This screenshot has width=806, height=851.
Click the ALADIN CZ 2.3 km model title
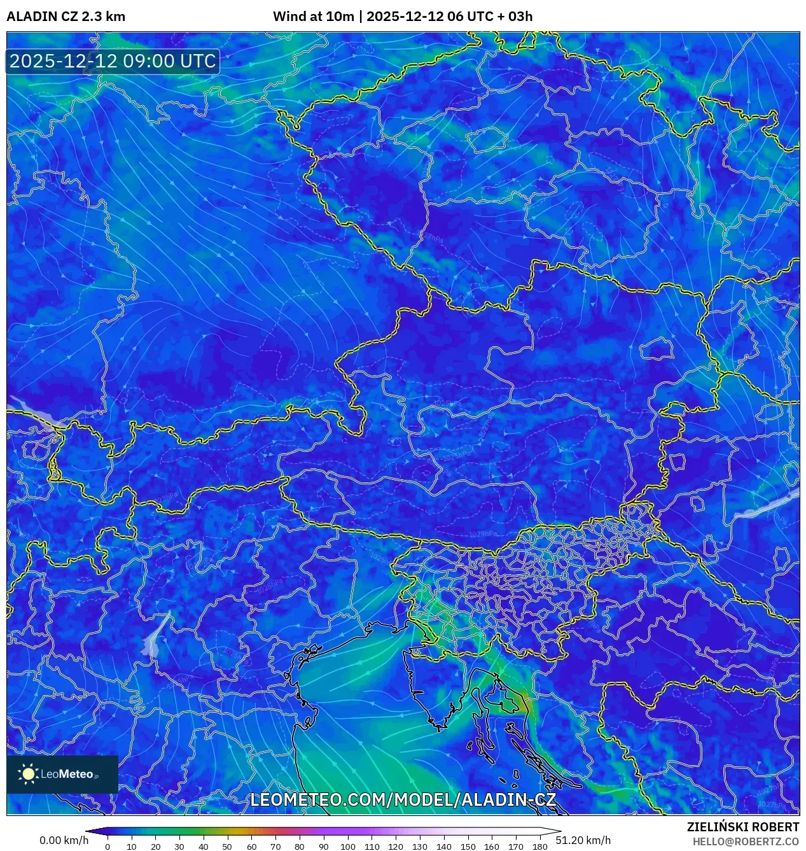[x=66, y=17]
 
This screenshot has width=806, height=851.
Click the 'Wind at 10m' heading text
[x=313, y=17]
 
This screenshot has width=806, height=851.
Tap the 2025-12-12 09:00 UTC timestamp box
[x=113, y=61]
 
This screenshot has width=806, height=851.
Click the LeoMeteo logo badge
[x=62, y=774]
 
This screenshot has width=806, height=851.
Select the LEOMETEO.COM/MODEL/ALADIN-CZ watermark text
[x=403, y=800]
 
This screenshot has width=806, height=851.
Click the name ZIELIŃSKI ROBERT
[x=742, y=827]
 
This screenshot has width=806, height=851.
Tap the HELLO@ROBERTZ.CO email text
[x=746, y=841]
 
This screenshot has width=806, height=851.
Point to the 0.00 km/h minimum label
[x=64, y=840]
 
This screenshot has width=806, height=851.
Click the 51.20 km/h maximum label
[x=583, y=840]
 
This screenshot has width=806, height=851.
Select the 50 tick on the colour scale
[x=227, y=847]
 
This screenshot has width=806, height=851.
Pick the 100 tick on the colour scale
[x=347, y=847]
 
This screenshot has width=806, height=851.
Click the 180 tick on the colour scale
[x=539, y=847]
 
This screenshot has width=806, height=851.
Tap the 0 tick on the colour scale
[x=108, y=847]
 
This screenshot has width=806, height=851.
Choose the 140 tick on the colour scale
[x=443, y=847]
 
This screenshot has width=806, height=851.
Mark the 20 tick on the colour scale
[x=155, y=847]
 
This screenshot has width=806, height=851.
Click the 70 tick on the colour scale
[x=275, y=847]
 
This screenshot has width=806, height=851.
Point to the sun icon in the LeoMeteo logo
[x=29, y=774]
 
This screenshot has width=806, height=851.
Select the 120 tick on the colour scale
[x=396, y=847]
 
